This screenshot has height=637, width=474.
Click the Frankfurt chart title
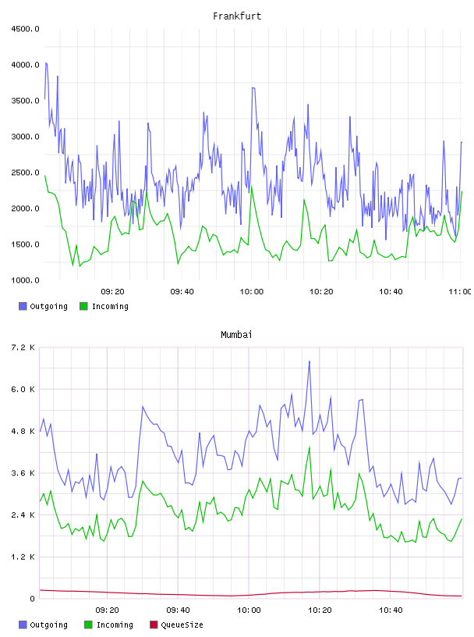tap(237, 16)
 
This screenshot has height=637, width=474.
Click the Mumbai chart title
tap(236, 335)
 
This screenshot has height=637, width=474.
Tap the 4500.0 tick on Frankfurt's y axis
tap(26, 29)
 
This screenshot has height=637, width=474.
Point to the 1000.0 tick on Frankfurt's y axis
tap(26, 280)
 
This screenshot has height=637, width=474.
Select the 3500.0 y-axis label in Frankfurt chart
tap(26, 101)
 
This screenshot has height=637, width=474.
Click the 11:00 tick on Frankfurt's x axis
tap(460, 292)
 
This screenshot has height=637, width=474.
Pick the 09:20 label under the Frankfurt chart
tap(112, 292)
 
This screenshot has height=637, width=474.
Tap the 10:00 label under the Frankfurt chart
tap(252, 292)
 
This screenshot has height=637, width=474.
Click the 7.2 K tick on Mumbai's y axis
tap(23, 347)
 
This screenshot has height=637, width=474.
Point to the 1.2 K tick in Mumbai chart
tap(23, 557)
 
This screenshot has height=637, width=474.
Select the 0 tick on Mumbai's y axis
tap(32, 599)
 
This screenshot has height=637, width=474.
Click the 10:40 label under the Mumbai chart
tap(391, 610)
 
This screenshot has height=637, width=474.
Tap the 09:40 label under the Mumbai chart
tap(179, 610)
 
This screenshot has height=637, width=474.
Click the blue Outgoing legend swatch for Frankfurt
tap(23, 306)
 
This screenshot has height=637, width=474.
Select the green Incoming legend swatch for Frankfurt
tap(83, 306)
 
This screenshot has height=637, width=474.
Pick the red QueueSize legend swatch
tap(154, 625)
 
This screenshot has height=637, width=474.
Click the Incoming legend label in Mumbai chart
tap(115, 625)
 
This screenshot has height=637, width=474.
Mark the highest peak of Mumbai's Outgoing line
tap(310, 361)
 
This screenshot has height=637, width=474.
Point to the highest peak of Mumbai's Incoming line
tap(310, 447)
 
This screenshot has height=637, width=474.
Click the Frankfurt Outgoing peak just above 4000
tap(46, 63)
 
